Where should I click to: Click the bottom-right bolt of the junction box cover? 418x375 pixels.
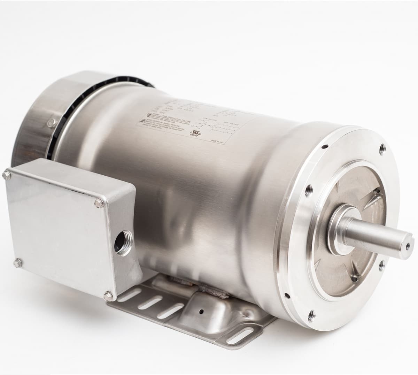coord(109,296)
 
